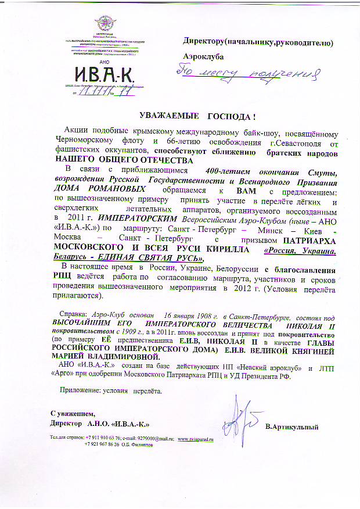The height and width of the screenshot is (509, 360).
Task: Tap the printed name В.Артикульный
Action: pyautogui.click(x=292, y=428)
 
